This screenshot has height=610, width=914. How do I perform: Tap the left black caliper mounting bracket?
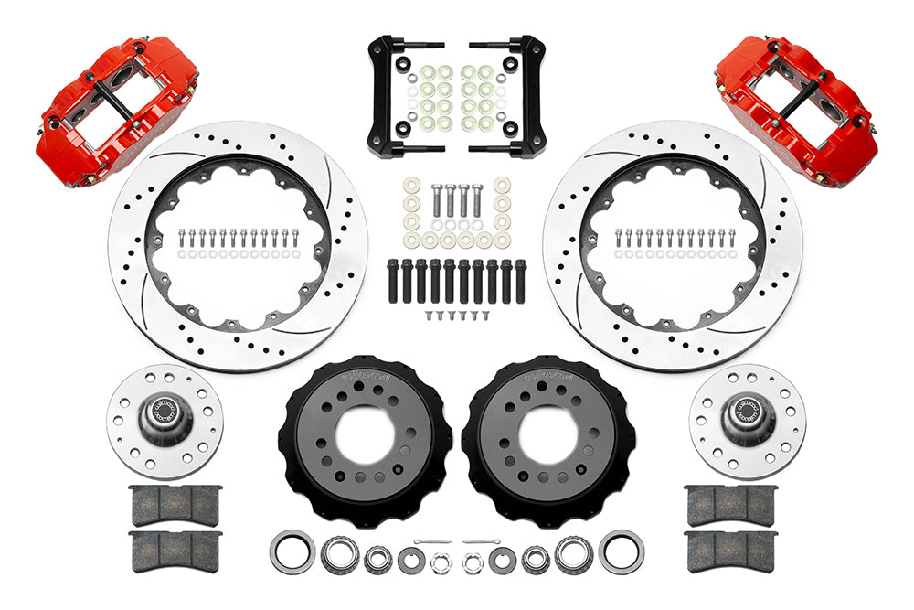point(403,100)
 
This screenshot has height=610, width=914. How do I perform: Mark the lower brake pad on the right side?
point(730,551)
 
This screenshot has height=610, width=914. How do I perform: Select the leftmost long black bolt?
point(393,280)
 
